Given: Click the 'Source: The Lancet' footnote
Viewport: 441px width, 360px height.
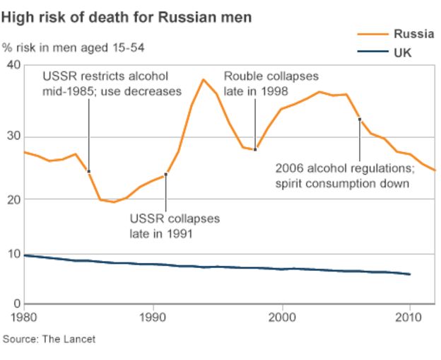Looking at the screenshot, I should pos(49,339).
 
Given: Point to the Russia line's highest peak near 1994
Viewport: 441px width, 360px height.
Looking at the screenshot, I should pos(204,79).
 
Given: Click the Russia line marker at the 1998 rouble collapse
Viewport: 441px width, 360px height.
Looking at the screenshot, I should pos(255,149).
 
